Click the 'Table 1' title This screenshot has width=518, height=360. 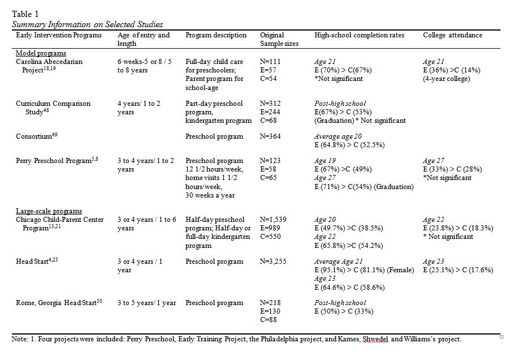25,14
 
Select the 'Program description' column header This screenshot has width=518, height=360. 215,35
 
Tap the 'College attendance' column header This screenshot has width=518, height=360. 452,35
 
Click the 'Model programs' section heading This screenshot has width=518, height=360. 41,53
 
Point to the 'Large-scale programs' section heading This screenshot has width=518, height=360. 49,211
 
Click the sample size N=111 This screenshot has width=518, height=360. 270,62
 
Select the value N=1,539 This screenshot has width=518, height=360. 273,220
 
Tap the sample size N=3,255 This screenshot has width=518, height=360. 273,262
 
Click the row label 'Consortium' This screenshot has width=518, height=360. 36,136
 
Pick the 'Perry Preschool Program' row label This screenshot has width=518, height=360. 57,160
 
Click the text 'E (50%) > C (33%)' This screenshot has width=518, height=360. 344,311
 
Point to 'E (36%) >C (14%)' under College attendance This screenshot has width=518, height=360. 451,70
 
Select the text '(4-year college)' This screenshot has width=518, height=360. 446,79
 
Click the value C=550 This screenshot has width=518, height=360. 270,237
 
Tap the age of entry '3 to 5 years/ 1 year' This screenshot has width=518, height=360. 146,303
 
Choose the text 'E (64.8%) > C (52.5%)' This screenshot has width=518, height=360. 349,145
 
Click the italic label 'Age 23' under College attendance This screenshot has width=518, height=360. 433,262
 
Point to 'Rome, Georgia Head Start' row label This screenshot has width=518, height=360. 59,302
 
